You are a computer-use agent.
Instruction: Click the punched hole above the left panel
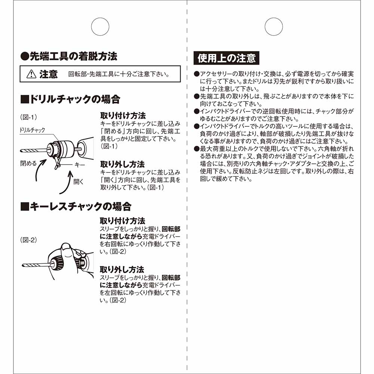(100, 27)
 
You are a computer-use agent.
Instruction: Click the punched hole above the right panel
(273, 27)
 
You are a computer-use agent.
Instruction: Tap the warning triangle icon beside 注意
(31, 74)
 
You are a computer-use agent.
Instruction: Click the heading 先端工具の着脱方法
(69, 56)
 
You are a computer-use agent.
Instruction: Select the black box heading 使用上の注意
(226, 58)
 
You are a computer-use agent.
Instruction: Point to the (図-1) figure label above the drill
(28, 117)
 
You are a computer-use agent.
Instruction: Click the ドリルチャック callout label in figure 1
(33, 130)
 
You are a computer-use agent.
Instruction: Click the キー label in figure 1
(80, 165)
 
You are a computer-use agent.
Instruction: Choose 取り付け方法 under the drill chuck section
(123, 115)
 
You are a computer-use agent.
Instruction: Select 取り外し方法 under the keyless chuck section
(122, 269)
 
